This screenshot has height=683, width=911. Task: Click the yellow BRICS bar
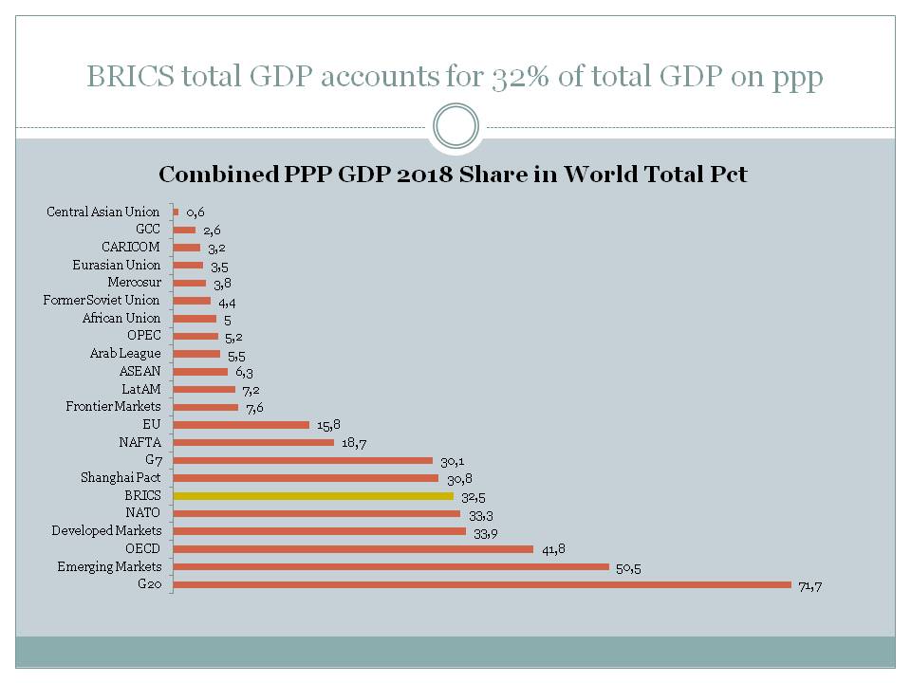click(x=314, y=496)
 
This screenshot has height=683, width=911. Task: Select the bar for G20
click(x=482, y=584)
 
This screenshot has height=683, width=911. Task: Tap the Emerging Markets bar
click(x=391, y=567)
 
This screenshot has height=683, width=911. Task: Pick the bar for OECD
click(x=353, y=549)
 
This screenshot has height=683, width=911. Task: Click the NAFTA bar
click(x=253, y=443)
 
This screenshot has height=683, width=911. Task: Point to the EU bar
click(x=241, y=425)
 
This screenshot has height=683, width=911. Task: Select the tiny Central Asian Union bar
click(x=176, y=212)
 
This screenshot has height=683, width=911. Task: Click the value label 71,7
click(x=810, y=586)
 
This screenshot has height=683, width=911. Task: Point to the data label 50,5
click(x=628, y=568)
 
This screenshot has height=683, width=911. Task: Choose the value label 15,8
click(x=328, y=426)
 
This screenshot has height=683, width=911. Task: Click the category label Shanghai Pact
click(x=121, y=478)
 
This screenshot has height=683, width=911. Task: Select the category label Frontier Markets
click(x=113, y=407)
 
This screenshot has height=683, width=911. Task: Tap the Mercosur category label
click(x=135, y=283)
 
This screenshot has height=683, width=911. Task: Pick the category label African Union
click(x=121, y=318)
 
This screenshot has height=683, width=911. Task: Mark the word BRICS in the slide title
click(x=129, y=77)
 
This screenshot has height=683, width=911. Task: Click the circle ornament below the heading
click(x=455, y=126)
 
